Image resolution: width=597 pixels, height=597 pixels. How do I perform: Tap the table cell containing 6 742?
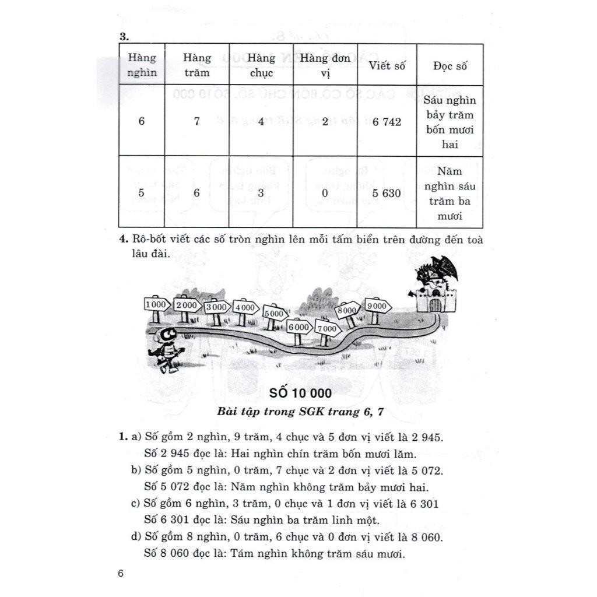(x=387, y=121)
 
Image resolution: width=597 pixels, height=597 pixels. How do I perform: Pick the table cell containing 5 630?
(x=387, y=192)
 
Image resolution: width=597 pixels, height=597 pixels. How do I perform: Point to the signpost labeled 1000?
(x=156, y=305)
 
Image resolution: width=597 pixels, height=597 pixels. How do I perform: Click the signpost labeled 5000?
(x=274, y=314)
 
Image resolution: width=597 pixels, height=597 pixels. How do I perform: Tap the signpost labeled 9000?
(x=377, y=305)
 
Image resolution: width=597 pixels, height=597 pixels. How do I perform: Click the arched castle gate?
(x=435, y=305)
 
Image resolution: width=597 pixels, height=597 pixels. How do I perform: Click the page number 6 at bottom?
(x=121, y=574)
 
